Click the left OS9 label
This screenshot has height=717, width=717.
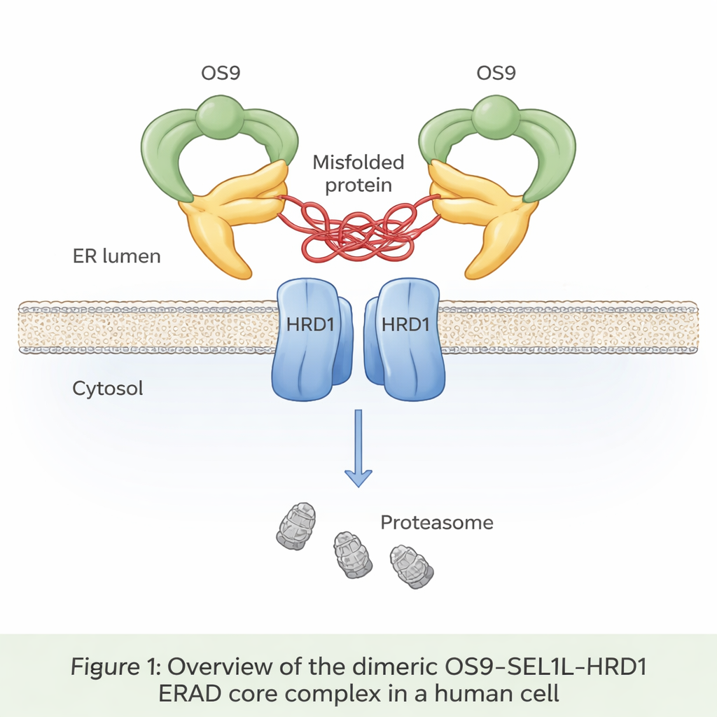tap(221, 73)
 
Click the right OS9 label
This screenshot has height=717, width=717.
tap(496, 73)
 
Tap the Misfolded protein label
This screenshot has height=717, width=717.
tap(358, 174)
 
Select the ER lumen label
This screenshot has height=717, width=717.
tap(117, 256)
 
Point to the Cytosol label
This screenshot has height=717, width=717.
tap(108, 388)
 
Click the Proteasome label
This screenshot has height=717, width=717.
tap(437, 522)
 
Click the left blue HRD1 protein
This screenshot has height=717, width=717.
tap(308, 340)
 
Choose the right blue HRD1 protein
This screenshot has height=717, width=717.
tap(408, 340)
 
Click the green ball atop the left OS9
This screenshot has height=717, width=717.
tap(220, 116)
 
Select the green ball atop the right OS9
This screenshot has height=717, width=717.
tap(496, 116)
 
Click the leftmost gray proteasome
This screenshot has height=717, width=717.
tap(296, 526)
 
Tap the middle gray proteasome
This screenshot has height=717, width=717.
tap(352, 555)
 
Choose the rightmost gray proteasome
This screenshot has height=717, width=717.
tap(411, 566)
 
